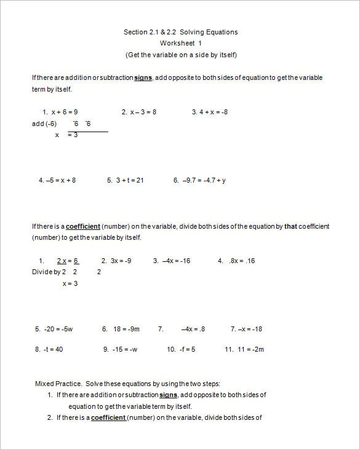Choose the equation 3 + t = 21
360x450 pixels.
click(x=129, y=180)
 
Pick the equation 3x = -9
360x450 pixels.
click(x=121, y=261)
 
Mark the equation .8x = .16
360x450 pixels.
click(x=241, y=261)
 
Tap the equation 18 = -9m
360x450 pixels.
click(x=126, y=329)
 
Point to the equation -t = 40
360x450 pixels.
click(x=52, y=349)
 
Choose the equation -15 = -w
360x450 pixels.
click(x=125, y=349)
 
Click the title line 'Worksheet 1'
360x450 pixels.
click(x=180, y=43)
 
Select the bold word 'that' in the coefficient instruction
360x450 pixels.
click(x=290, y=226)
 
